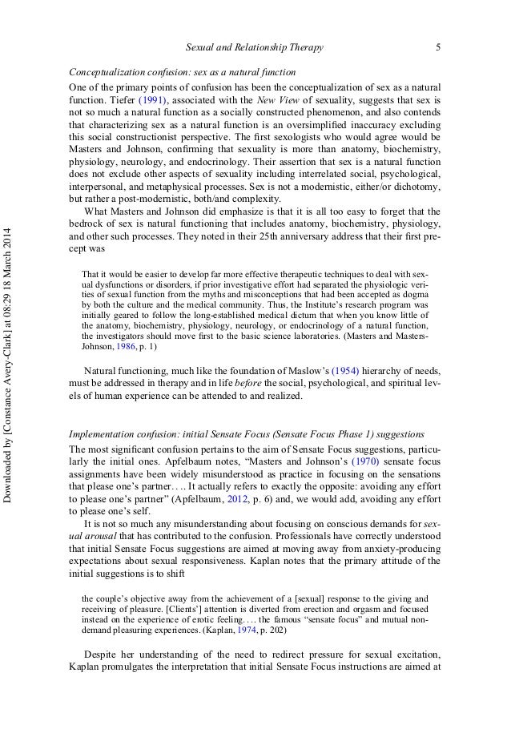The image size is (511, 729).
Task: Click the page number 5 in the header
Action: pyautogui.click(x=438, y=48)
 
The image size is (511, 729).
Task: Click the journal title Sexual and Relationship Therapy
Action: pyautogui.click(x=254, y=48)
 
